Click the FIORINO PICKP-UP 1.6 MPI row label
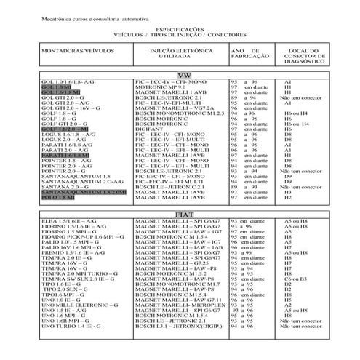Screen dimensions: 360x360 73,237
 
